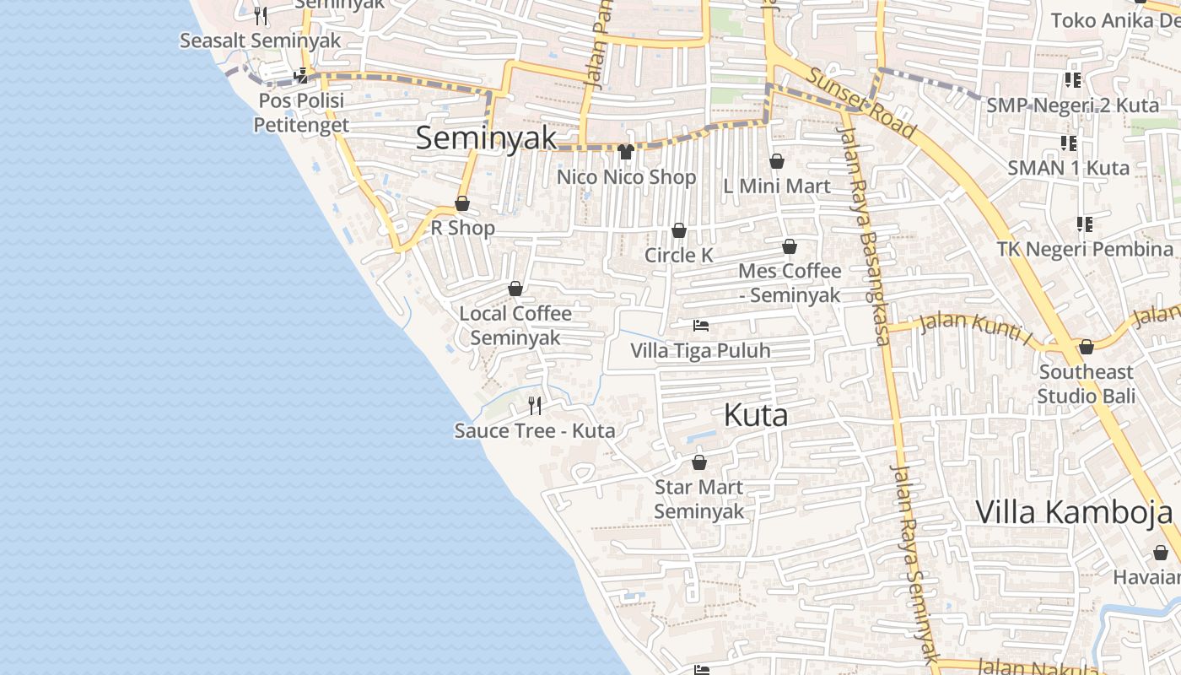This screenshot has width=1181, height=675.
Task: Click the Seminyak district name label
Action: [487, 138]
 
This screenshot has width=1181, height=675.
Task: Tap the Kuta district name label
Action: [756, 415]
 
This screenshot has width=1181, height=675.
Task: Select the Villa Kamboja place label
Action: [1074, 512]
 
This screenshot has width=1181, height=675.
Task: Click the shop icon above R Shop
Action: [462, 203]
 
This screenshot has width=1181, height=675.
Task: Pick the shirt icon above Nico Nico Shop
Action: [625, 152]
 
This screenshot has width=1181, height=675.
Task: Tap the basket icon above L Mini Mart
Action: [777, 161]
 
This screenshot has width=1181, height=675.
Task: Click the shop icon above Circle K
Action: [679, 230]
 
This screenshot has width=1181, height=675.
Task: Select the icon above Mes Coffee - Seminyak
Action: [790, 246]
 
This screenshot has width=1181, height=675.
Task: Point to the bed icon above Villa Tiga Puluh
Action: [701, 325]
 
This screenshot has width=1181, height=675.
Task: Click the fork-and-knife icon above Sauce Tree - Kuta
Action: [535, 406]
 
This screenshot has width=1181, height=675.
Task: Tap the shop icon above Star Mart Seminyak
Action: [699, 462]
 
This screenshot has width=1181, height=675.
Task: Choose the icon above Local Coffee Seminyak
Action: [515, 289]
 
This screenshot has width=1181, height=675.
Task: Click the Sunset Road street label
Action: [861, 102]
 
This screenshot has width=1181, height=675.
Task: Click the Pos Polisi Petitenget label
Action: [301, 112]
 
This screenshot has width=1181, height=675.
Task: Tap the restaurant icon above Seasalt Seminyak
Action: [261, 16]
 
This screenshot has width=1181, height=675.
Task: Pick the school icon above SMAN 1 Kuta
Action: [1069, 143]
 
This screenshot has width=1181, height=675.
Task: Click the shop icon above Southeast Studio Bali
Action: [1087, 347]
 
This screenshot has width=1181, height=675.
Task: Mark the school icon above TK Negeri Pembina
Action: [1085, 224]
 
